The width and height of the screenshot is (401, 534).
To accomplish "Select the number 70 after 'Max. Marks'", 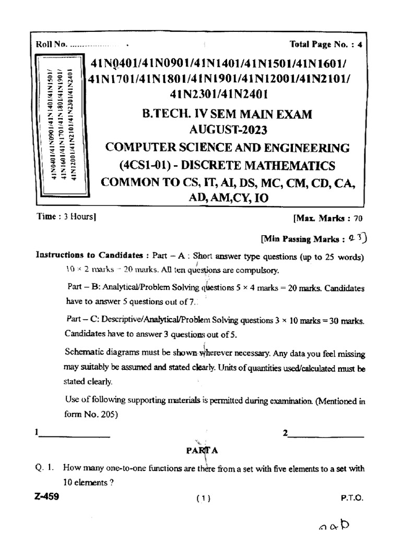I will (357, 220).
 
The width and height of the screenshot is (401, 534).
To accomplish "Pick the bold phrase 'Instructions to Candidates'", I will (89, 256).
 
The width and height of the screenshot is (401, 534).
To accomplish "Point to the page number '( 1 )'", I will (203, 499).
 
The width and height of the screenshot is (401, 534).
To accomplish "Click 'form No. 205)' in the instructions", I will (90, 415).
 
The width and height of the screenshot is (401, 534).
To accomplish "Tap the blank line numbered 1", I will (73, 434).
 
